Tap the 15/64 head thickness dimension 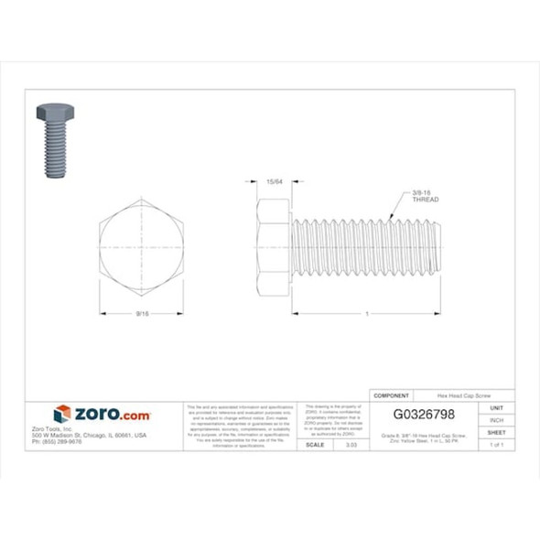(x=272, y=181)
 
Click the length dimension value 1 (x=367, y=314)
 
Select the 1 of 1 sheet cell (x=497, y=444)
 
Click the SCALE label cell (x=318, y=444)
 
